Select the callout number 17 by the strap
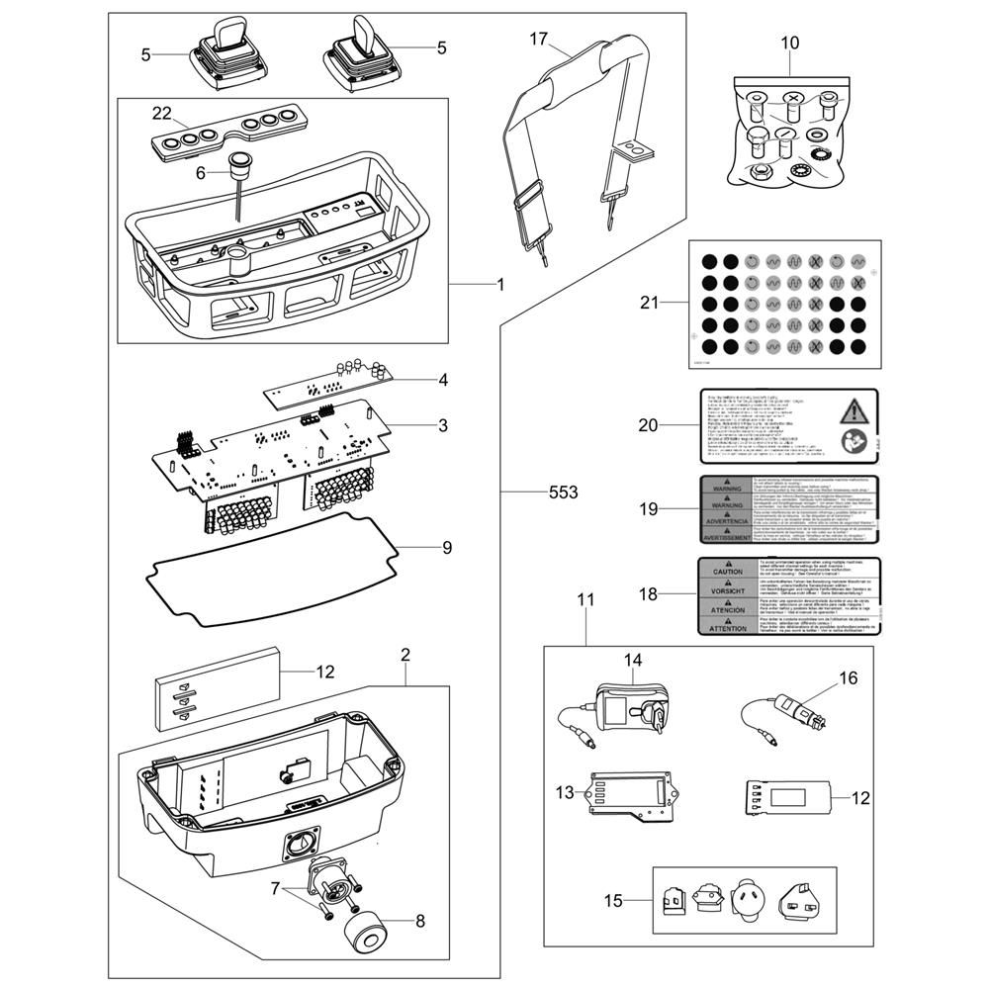point(538,39)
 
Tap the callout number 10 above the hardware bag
point(789,43)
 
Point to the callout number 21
point(649,302)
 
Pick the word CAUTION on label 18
point(727,572)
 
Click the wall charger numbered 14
point(623,704)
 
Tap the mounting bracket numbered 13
point(631,794)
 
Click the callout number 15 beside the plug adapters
point(614,900)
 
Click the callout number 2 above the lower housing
point(405,655)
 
